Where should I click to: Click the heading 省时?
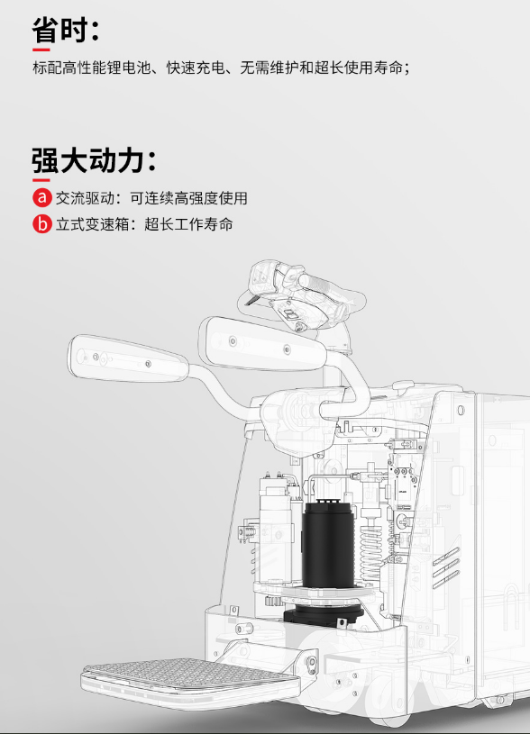point(61,30)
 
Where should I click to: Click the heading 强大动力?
point(87,160)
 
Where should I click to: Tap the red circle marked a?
point(42,197)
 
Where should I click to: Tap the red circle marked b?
point(42,223)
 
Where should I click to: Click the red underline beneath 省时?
point(41,50)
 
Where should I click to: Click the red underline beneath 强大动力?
point(41,180)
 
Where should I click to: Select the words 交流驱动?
point(85,198)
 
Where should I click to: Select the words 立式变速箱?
point(92,224)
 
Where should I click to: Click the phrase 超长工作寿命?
point(188,224)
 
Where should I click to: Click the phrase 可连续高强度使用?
point(188,198)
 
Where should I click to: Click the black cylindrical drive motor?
point(327,544)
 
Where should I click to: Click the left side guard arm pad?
point(127,358)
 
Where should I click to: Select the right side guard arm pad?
point(261,344)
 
